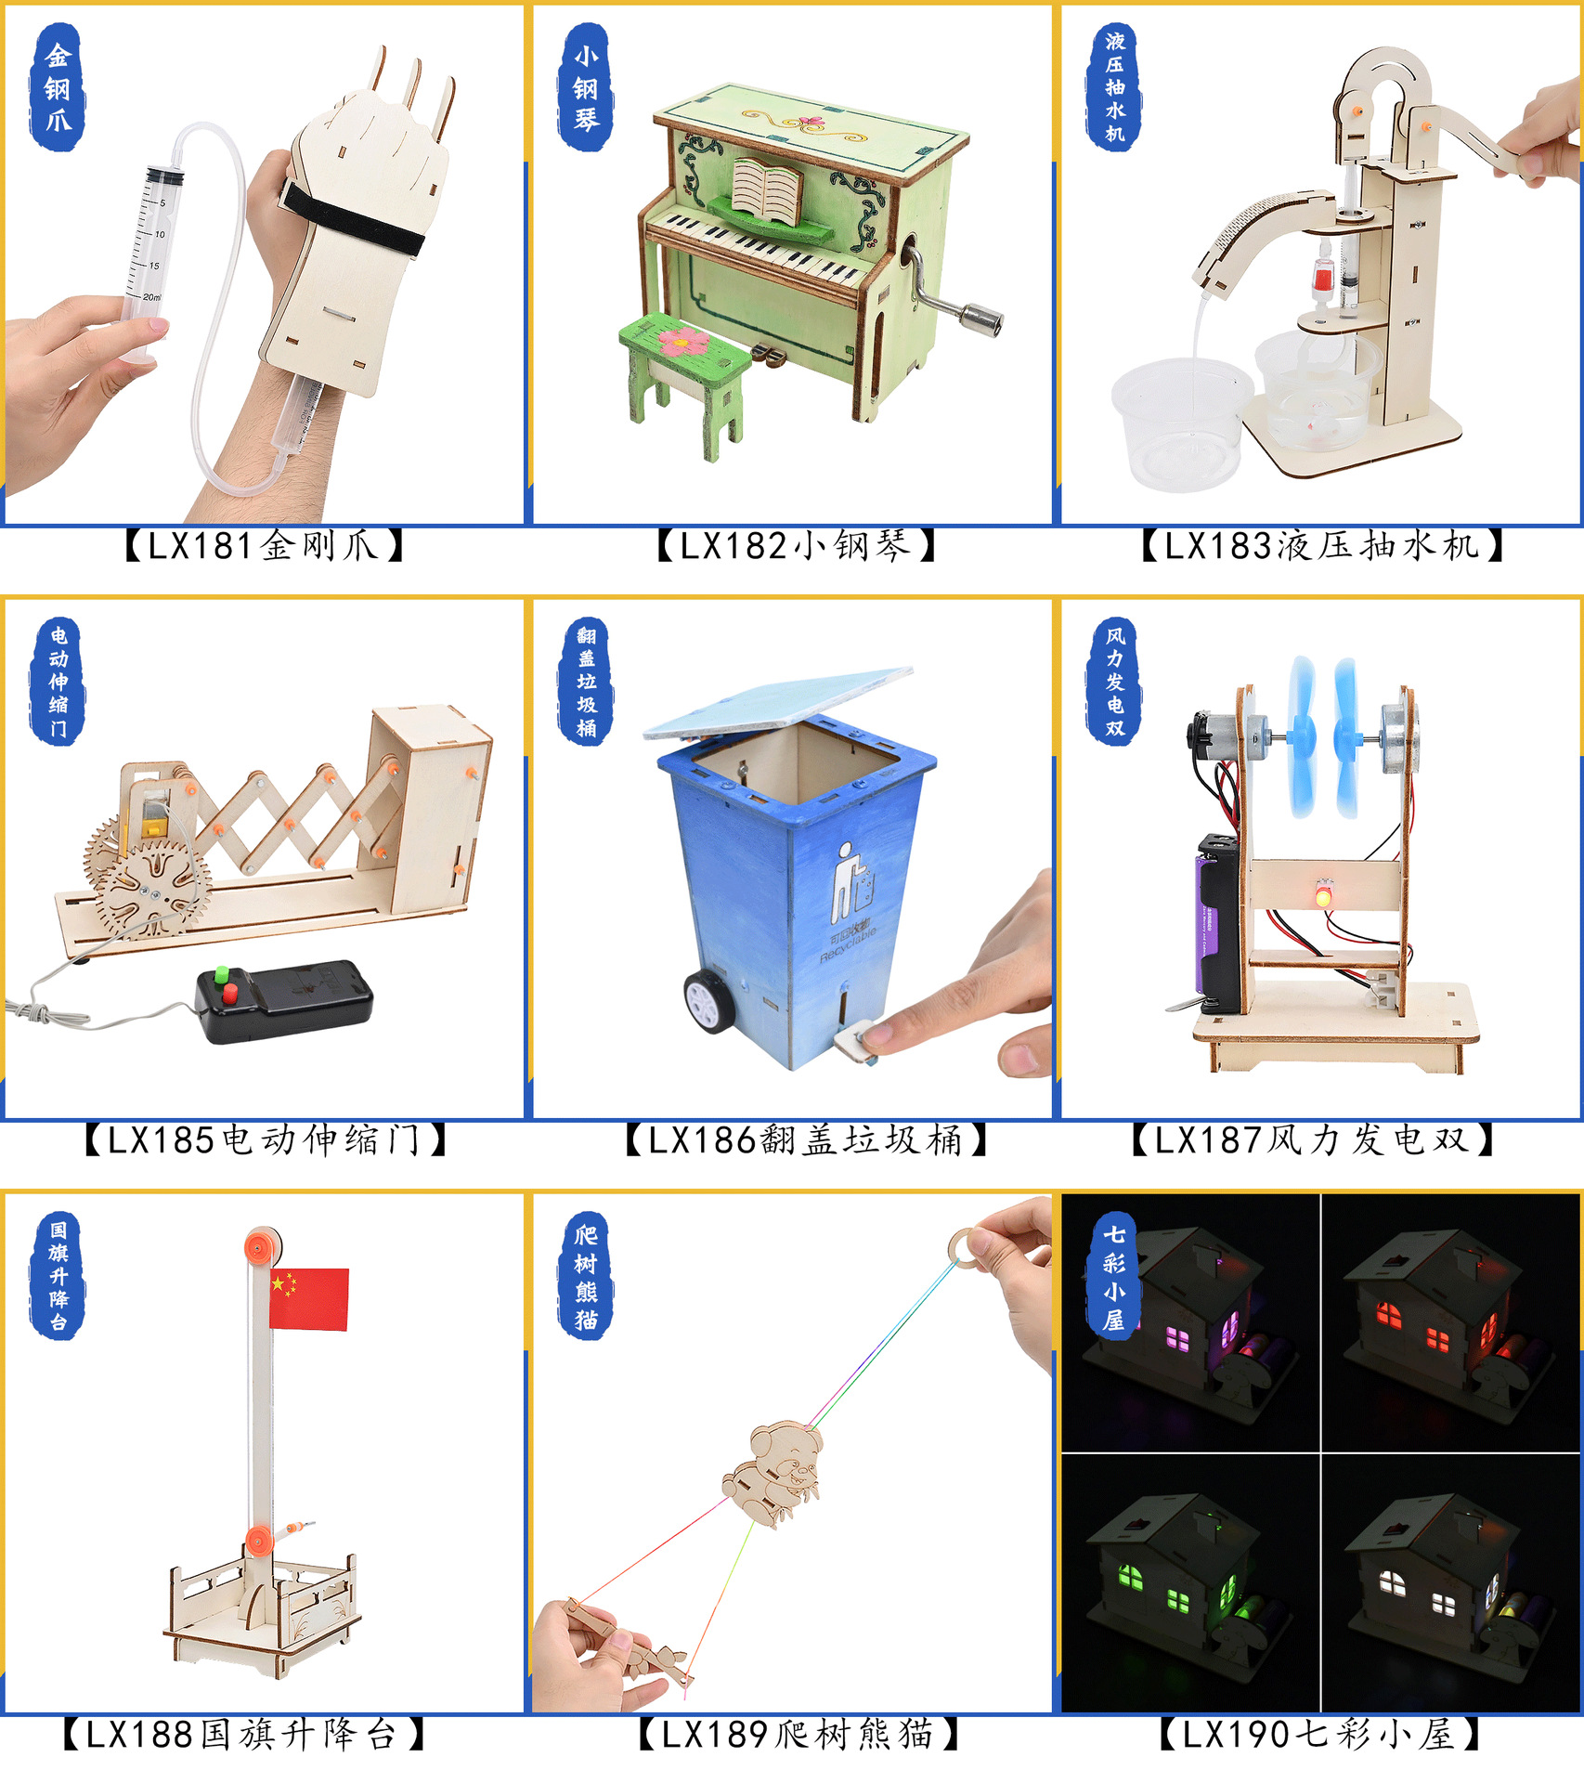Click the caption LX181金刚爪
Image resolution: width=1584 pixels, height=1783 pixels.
click(264, 546)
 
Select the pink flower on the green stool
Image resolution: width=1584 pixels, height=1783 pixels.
click(682, 342)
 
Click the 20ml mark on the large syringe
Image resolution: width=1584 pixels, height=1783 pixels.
click(151, 297)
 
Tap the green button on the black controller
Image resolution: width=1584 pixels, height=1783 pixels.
click(222, 975)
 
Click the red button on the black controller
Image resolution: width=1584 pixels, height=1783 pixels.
click(229, 994)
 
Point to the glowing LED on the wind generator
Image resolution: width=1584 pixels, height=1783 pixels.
click(1322, 896)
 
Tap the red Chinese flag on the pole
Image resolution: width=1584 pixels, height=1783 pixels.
click(308, 1299)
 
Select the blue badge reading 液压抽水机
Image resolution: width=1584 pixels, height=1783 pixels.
click(1114, 86)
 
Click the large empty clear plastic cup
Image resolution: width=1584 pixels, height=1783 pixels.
click(1179, 422)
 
